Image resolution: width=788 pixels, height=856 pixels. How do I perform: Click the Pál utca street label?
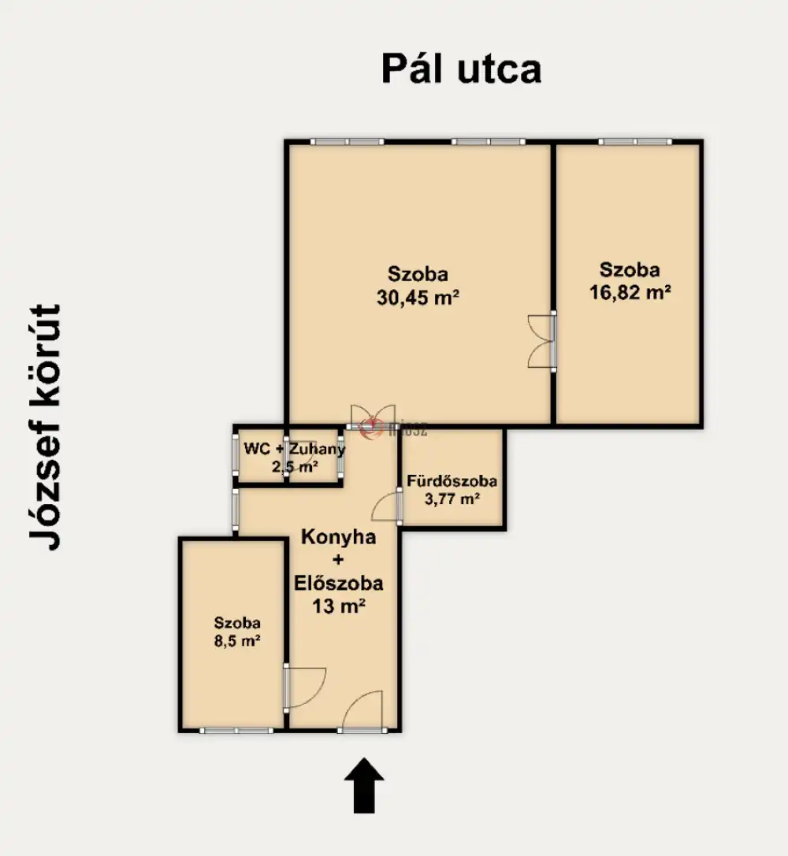pos(462,69)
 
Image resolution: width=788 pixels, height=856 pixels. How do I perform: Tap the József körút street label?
pos(46,427)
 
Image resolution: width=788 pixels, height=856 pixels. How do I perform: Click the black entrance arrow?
pos(364,785)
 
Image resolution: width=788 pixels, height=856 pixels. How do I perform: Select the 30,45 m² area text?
pos(418,298)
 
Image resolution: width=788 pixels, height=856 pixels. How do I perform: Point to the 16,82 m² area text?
pos(630,293)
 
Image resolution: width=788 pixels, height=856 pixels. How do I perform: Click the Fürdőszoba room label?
pos(452,481)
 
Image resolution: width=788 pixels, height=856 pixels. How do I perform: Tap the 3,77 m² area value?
pos(452,498)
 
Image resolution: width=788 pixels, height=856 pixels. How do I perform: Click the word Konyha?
pos(339,537)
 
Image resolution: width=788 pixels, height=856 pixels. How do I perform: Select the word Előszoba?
pos(339,583)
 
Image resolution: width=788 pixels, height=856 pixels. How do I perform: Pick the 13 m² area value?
pos(339,606)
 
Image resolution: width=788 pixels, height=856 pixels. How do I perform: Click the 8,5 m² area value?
pos(237,640)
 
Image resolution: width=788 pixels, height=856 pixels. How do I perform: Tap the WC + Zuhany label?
pos(295,449)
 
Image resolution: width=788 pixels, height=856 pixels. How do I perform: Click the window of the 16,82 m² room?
pos(635,142)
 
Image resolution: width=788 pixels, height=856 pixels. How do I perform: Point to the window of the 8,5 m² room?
pos(236,731)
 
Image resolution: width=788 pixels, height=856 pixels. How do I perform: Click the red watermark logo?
pos(371,426)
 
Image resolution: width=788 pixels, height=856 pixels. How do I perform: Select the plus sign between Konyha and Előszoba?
pos(339,560)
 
